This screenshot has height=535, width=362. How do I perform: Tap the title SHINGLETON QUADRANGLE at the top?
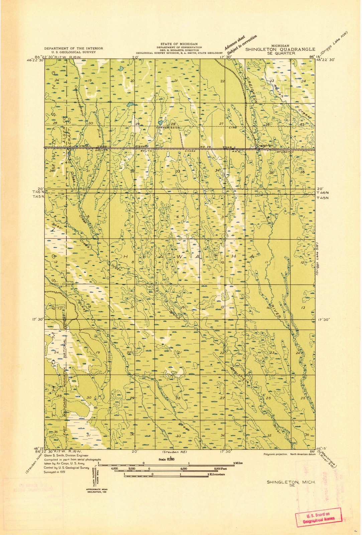[x=280, y=49]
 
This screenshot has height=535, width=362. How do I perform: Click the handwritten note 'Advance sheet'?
[x=235, y=42]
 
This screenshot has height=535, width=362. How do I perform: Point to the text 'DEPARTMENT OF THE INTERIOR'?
[x=74, y=48]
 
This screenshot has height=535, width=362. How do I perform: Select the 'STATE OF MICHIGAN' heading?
[x=179, y=44]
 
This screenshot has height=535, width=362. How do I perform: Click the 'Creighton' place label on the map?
[x=264, y=146]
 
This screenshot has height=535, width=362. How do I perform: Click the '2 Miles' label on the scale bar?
[x=238, y=463]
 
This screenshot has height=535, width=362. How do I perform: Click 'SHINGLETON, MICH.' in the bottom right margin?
[x=291, y=482]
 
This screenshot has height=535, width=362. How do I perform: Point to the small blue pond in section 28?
[x=160, y=122]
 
